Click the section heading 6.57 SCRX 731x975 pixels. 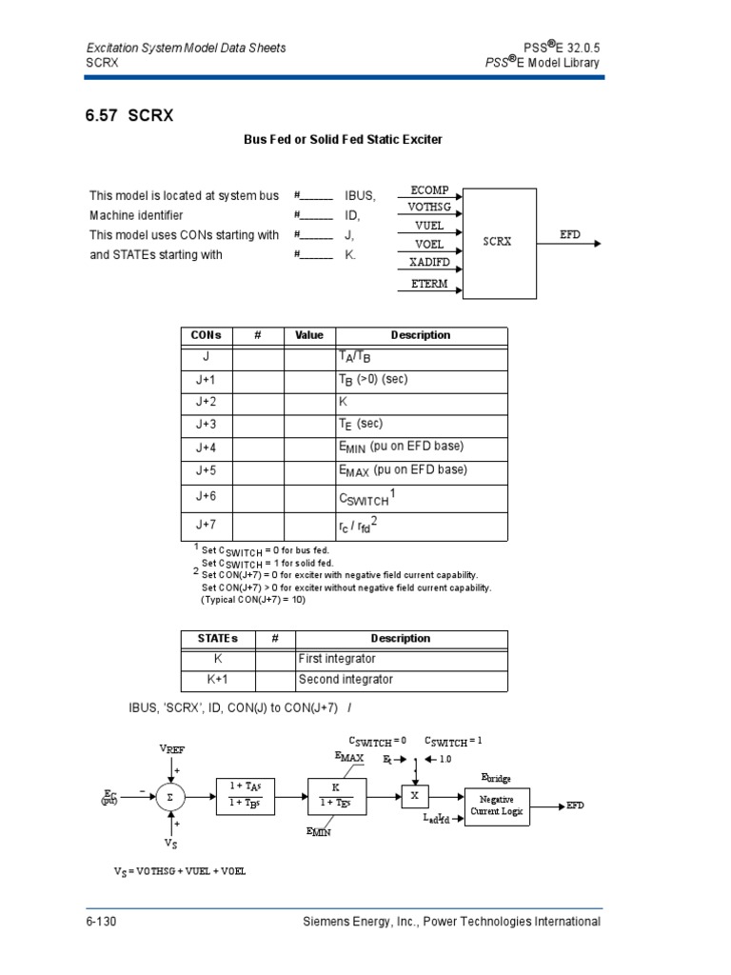(130, 116)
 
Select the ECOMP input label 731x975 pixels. (429, 191)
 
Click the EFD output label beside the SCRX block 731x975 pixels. (570, 233)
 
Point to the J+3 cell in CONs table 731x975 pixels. (206, 425)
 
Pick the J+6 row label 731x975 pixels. (206, 497)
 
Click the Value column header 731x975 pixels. (308, 335)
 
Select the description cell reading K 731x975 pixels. (345, 402)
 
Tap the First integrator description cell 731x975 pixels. (338, 659)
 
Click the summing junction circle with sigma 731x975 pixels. (170, 797)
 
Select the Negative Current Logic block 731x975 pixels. (496, 805)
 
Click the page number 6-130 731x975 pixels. (101, 922)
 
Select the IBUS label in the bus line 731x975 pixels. (359, 196)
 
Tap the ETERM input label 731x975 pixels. (429, 284)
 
